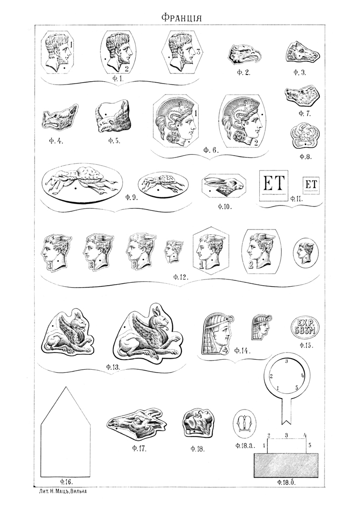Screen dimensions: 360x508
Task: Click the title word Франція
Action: pyautogui.click(x=181, y=17)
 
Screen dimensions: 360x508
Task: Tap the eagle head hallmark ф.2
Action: pyautogui.click(x=244, y=54)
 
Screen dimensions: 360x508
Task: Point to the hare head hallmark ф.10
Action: pyautogui.click(x=224, y=186)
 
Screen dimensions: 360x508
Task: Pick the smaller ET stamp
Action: pyautogui.click(x=311, y=185)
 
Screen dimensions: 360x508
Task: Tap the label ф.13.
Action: pyautogui.click(x=113, y=367)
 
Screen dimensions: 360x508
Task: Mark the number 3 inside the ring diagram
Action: pyautogui.click(x=286, y=361)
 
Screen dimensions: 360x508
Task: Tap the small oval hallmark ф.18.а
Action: pyautogui.click(x=244, y=424)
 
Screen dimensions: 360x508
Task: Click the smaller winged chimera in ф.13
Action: pyautogui.click(x=70, y=332)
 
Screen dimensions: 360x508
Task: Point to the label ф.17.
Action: pyautogui.click(x=140, y=449)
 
